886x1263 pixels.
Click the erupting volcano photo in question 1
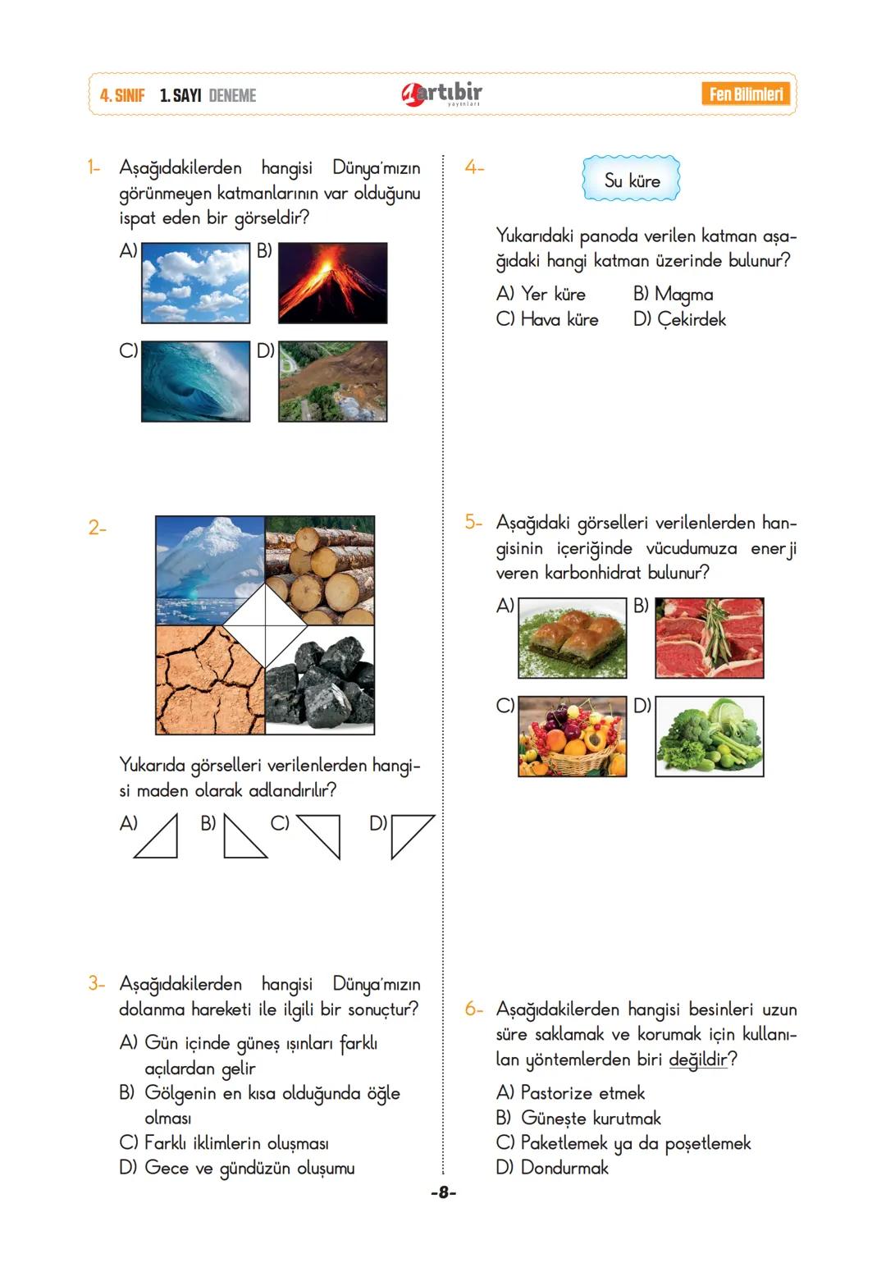click(x=332, y=282)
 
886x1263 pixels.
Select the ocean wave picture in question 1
click(x=195, y=382)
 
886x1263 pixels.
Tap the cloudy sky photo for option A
click(x=195, y=282)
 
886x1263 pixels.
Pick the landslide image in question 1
click(x=332, y=382)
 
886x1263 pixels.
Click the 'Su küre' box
click(x=631, y=181)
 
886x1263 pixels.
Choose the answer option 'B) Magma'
click(x=673, y=294)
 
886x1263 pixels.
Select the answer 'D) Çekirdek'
click(x=679, y=319)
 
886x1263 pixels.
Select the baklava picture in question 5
click(x=572, y=638)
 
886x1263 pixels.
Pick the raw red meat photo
click(x=710, y=638)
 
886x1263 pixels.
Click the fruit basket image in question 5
click(x=572, y=736)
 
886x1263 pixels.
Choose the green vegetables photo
click(x=710, y=736)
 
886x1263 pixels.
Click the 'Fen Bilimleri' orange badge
click(x=747, y=94)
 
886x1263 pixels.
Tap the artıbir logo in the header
click(x=443, y=94)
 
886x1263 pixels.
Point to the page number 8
click(x=443, y=1192)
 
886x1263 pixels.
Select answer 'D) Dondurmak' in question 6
click(x=552, y=1168)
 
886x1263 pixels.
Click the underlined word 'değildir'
click(x=697, y=1059)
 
